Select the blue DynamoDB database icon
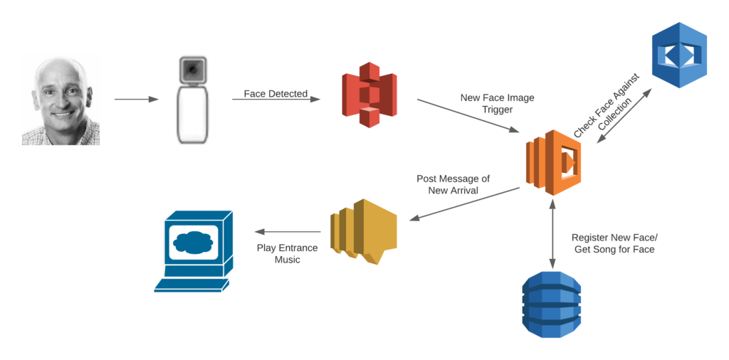552,302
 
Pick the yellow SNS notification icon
362,231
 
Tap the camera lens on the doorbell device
193,68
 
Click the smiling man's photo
61,100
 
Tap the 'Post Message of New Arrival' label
453,184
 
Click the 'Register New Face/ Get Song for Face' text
614,243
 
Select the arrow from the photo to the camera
137,100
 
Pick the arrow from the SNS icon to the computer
288,232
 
